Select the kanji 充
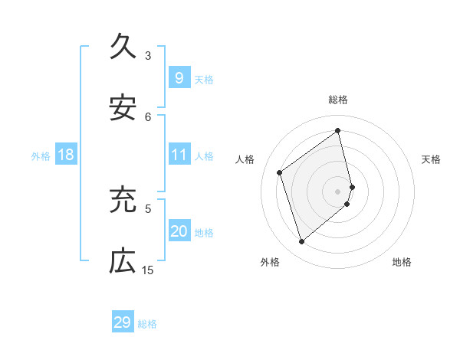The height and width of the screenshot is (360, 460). (123, 199)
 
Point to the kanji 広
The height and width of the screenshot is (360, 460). (123, 260)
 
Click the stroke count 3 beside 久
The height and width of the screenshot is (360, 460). (148, 55)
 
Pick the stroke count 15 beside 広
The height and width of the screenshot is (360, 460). (148, 270)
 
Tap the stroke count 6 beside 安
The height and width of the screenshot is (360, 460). (148, 116)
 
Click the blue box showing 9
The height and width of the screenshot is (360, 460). (179, 77)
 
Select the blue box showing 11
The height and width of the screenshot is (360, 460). (179, 155)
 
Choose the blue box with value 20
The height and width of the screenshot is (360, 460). (179, 231)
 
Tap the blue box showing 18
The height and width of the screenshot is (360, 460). (66, 155)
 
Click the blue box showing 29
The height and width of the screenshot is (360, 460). (123, 322)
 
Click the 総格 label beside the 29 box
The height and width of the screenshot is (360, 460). (147, 324)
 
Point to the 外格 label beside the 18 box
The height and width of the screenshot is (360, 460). (41, 156)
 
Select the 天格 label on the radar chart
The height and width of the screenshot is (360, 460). (432, 159)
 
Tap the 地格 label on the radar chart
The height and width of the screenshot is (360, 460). (402, 262)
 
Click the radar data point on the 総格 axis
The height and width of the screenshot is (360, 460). (338, 131)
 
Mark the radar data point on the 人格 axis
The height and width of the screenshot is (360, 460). (280, 172)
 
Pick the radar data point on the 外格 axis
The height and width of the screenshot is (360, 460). (301, 242)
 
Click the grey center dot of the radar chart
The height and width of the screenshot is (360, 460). (338, 190)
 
